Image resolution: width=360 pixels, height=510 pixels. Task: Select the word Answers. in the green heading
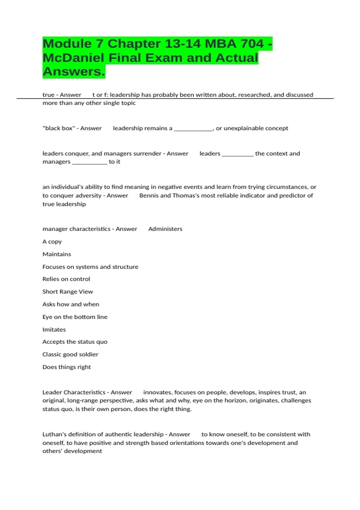click(74, 71)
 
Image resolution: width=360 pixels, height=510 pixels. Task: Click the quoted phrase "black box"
click(59, 128)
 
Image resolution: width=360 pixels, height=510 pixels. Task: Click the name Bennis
click(149, 196)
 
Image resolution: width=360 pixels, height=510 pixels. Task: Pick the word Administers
click(165, 229)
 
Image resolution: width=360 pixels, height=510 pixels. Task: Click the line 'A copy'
click(52, 242)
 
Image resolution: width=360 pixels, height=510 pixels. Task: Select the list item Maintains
click(57, 254)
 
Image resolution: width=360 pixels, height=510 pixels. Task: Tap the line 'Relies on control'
click(66, 279)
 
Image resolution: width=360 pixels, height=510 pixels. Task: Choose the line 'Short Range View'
click(67, 292)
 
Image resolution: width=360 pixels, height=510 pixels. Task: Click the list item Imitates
click(54, 329)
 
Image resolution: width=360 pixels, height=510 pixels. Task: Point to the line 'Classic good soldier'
click(70, 354)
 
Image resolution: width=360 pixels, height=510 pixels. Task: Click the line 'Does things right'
click(66, 367)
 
